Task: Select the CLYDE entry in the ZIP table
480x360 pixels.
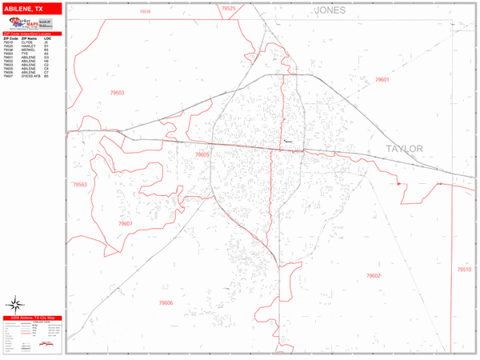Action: [x=29, y=42]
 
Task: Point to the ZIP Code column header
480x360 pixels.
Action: [x=10, y=38]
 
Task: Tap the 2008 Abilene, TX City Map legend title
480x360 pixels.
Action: [x=31, y=318]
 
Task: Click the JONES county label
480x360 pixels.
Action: [x=330, y=10]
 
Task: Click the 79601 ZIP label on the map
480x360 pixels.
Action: [x=382, y=80]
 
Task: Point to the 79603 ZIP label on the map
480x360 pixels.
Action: [x=117, y=93]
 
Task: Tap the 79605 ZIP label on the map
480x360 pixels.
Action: [x=202, y=154]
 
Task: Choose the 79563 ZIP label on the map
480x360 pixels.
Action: [x=79, y=185]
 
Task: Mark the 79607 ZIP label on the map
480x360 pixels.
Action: [x=125, y=224]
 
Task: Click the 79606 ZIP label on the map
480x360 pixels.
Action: [x=165, y=302]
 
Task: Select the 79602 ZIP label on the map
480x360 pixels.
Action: [x=374, y=275]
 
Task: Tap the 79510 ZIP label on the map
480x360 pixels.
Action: [x=464, y=270]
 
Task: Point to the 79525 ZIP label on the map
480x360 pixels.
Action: [x=229, y=8]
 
